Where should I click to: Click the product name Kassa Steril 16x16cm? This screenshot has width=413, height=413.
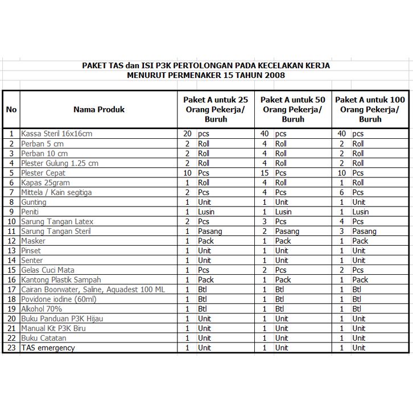(56, 134)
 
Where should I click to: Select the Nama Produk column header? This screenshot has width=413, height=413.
(98, 109)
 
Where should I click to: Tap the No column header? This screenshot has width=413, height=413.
(11, 109)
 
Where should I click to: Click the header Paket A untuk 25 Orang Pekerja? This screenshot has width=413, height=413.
(215, 109)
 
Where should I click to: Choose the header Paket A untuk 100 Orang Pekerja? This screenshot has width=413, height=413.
(370, 109)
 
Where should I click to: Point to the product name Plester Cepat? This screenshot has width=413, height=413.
(43, 173)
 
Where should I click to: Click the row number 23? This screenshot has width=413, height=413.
(11, 348)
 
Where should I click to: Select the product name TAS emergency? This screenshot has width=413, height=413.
(48, 348)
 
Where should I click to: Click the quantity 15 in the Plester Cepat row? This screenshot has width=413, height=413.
(263, 173)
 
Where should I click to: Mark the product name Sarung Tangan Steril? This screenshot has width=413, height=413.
(56, 231)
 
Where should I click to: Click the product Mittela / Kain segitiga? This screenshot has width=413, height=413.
(56, 192)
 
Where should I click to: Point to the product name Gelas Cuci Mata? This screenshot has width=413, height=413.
(48, 270)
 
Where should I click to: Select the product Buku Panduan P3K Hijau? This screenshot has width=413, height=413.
(62, 319)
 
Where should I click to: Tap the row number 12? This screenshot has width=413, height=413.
(11, 241)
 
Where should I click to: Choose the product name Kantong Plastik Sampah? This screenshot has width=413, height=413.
(61, 279)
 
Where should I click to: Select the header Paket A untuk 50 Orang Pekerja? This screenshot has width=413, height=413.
(292, 109)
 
